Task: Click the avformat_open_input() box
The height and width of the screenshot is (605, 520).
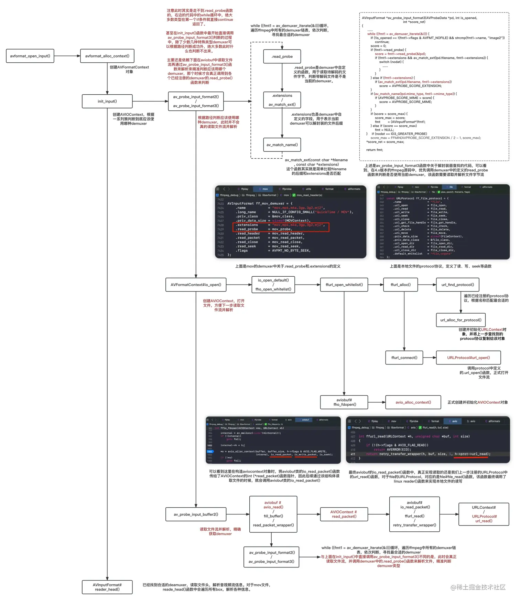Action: click(30, 56)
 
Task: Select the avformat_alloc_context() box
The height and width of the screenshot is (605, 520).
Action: click(107, 56)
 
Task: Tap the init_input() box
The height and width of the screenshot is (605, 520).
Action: click(107, 101)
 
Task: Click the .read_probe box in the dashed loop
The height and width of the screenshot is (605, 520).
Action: click(282, 56)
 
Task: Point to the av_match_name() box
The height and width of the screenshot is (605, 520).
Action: click(282, 145)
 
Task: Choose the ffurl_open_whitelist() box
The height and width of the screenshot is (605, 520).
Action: click(344, 285)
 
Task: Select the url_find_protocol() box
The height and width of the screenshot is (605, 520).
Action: click(457, 285)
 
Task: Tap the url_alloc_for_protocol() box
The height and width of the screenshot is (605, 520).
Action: click(461, 320)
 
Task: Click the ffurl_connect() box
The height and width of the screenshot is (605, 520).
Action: click(404, 358)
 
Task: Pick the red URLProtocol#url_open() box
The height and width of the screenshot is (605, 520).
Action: click(468, 358)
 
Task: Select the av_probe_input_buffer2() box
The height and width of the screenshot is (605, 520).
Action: click(196, 514)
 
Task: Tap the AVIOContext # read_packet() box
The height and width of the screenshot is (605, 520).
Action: click(344, 514)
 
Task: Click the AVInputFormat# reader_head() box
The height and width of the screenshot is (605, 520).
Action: click(107, 587)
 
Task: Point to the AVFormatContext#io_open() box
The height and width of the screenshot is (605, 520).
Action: click(196, 285)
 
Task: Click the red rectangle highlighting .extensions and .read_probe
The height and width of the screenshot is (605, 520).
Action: click(281, 227)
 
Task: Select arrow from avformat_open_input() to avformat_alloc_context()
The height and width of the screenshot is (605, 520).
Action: click(67, 56)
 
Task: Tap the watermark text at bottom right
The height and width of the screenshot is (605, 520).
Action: click(478, 587)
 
